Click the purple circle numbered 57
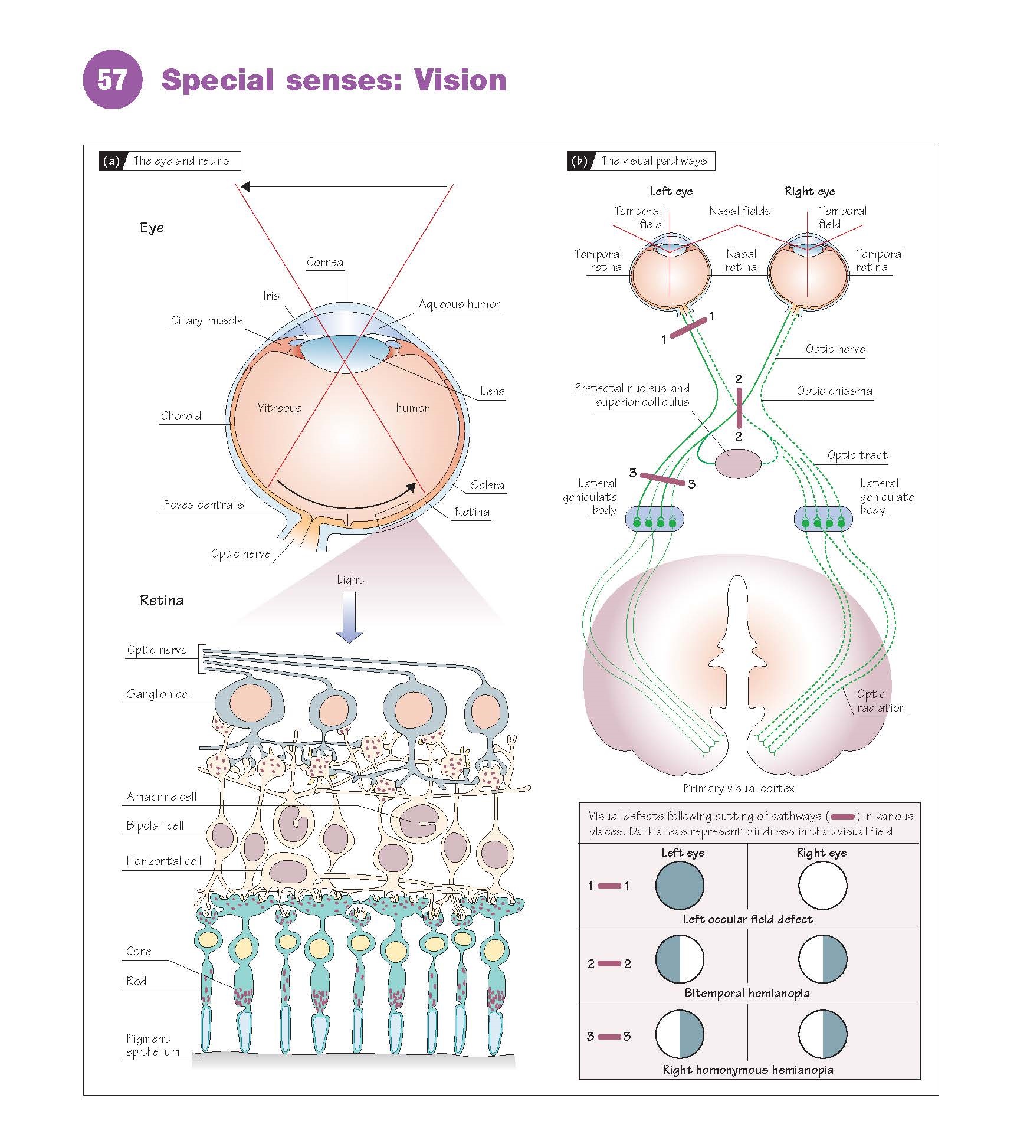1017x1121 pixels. (x=112, y=80)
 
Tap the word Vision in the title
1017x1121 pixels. (x=460, y=80)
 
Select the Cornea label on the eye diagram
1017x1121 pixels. (x=324, y=263)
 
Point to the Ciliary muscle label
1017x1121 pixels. (x=206, y=320)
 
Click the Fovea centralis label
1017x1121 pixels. (x=203, y=504)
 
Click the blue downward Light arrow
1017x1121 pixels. (x=349, y=616)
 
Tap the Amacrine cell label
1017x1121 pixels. (x=161, y=796)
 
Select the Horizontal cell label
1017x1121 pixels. (x=163, y=861)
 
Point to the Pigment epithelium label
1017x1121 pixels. (x=152, y=1045)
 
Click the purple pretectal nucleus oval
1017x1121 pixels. (x=738, y=463)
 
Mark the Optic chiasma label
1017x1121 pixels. (x=834, y=391)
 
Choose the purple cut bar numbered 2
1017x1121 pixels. (x=739, y=408)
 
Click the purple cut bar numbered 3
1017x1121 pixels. (x=662, y=478)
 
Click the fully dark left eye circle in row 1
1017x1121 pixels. (x=680, y=885)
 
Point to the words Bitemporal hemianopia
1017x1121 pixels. (x=747, y=993)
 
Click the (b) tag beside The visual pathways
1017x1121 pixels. (x=579, y=161)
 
